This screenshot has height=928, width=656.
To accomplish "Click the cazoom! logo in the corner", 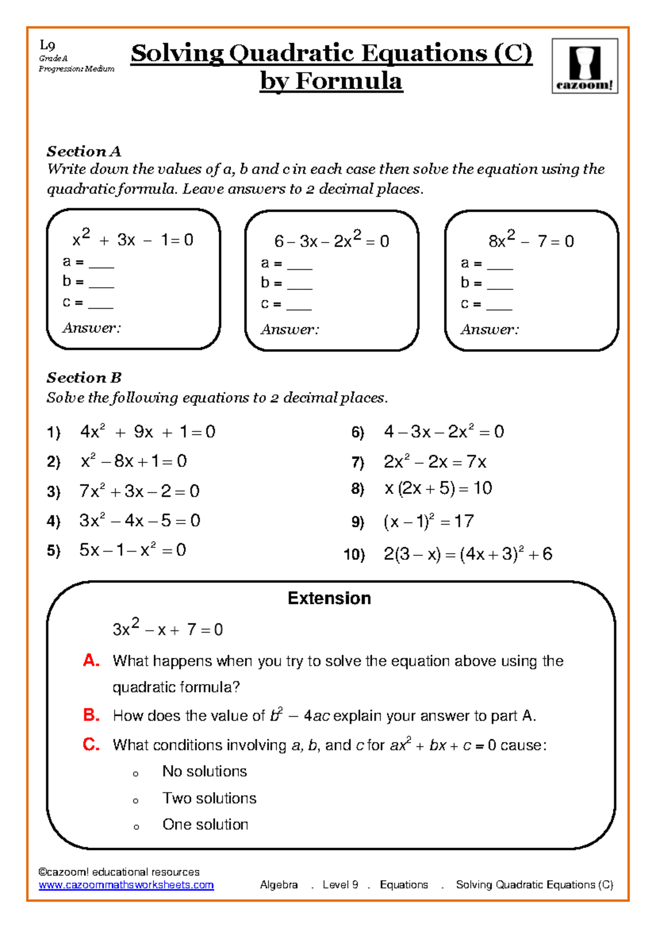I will (584, 66).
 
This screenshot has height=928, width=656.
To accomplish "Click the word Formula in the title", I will (349, 81).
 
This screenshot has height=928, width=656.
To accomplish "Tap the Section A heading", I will (84, 151).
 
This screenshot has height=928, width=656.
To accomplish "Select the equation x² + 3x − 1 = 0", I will (133, 240).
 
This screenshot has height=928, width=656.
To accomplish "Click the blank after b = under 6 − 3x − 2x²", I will (300, 284).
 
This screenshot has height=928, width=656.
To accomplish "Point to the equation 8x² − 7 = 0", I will (531, 241).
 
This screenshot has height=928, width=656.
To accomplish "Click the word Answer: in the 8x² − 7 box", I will (489, 329).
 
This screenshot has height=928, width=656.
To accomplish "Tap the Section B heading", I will (84, 378).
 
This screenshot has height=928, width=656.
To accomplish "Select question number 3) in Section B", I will (54, 491).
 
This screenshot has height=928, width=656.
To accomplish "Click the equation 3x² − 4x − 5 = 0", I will (140, 520).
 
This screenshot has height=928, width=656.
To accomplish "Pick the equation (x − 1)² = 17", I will (429, 521).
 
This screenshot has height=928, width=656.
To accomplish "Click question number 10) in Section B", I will (354, 555).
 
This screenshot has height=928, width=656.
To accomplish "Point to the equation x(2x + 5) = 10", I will (438, 488).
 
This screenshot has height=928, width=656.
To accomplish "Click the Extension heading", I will (329, 598).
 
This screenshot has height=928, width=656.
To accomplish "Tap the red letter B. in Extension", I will (91, 715).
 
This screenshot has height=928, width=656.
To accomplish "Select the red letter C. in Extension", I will (91, 744).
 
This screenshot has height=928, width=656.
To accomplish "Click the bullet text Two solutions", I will (209, 798).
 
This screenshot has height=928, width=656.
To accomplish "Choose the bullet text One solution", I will (206, 825).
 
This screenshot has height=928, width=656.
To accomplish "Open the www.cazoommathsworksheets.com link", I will (126, 885).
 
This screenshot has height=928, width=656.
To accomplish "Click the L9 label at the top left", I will (48, 46).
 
